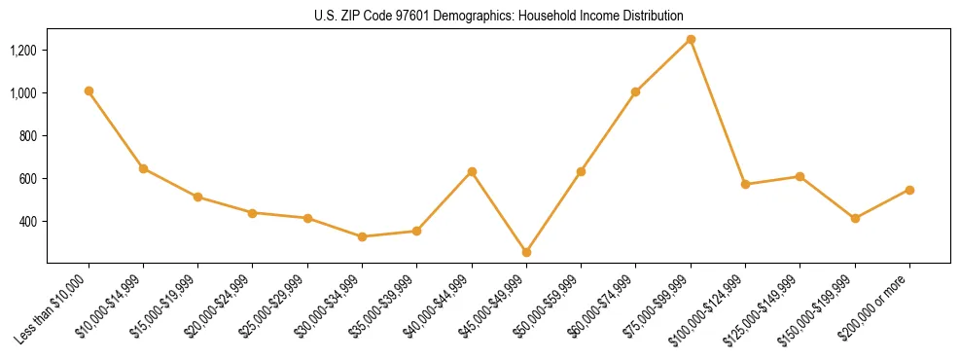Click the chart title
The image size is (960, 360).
coord(498,17)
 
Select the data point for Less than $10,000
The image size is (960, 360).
coord(89,90)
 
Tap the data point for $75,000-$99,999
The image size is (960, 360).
coord(691,39)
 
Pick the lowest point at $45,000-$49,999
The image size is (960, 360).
coord(526,252)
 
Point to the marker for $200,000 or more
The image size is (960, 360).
coord(909,190)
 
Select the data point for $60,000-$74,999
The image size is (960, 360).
coord(636,91)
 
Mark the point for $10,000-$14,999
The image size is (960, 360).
coord(143,168)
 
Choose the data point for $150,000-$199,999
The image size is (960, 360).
coord(855,218)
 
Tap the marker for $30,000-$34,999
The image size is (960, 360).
coord(362,236)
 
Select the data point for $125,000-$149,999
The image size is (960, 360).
coord(800,176)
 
